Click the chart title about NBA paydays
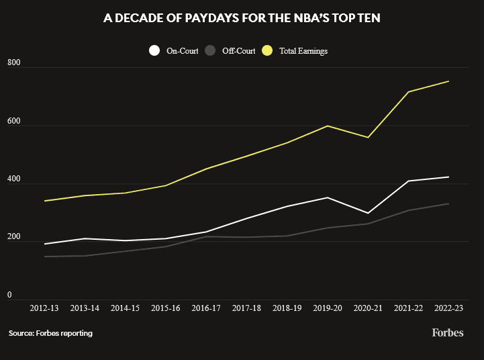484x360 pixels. tap(242, 19)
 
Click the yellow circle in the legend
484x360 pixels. tap(268, 50)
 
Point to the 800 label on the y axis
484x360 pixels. tap(14, 62)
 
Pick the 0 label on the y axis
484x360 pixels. tap(9, 294)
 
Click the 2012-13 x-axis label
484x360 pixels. tap(44, 308)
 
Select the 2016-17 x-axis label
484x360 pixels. tap(206, 308)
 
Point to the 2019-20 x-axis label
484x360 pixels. tap(327, 308)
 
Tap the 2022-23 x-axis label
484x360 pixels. tap(448, 308)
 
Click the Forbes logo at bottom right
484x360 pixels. tap(447, 332)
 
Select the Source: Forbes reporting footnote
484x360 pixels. tap(50, 333)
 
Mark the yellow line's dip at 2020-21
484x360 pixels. tap(367, 138)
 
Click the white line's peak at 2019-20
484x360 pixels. tap(327, 197)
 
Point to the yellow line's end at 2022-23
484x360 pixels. tap(448, 81)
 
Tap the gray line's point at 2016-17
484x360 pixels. tap(206, 236)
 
